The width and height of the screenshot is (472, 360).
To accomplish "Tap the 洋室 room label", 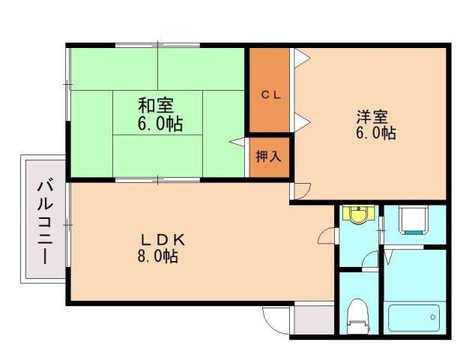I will (372, 116).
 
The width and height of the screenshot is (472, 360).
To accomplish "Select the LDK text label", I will (163, 240).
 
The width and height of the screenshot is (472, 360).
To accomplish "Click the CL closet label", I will (270, 94).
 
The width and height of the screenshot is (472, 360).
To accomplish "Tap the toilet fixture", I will (359, 314).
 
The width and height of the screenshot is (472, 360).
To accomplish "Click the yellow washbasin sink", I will (360, 216).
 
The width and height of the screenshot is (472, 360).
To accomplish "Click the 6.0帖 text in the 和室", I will (160, 122).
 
